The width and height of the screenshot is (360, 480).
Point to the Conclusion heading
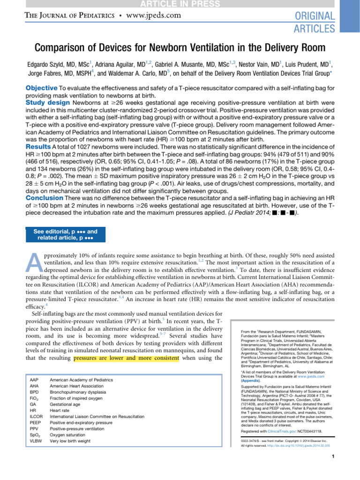(44, 198)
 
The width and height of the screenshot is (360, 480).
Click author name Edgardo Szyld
(55, 64)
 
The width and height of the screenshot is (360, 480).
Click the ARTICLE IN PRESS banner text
(180, 4)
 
